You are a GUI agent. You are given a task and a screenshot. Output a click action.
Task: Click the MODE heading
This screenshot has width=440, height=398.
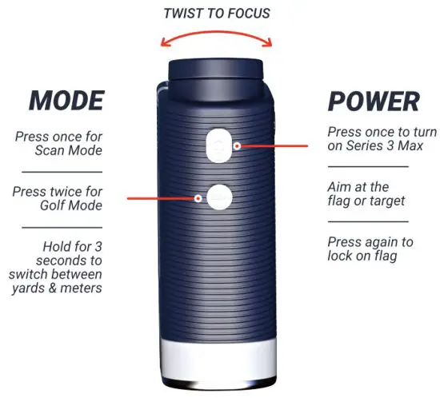pos(66,100)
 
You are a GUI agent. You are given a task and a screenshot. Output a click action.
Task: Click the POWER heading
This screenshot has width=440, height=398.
pos(374,101)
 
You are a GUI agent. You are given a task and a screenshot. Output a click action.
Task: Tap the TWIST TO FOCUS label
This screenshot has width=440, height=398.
pos(216,14)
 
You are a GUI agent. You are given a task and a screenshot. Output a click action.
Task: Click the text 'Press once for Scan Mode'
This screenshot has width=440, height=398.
pos(60,143)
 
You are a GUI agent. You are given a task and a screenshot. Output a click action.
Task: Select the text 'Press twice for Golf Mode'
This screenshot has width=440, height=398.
pos(60,199)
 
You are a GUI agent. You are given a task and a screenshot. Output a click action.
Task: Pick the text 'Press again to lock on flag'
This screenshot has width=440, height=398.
pos(370,249)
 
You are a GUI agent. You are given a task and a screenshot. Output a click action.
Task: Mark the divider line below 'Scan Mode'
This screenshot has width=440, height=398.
pos(61,172)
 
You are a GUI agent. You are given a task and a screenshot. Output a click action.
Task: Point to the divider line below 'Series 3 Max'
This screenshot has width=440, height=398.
pos(369,166)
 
